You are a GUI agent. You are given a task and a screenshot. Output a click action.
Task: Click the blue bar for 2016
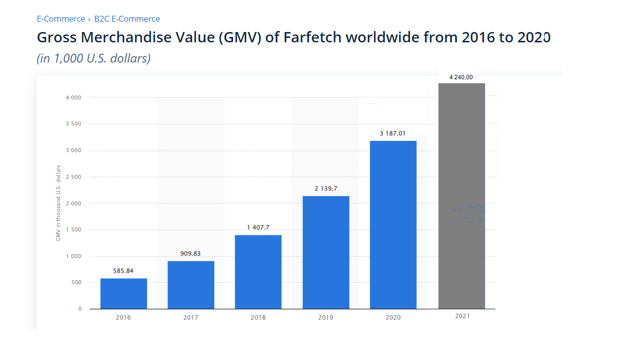click(124, 294)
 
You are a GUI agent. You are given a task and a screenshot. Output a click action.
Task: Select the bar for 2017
click(191, 285)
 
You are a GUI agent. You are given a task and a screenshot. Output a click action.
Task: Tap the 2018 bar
click(258, 272)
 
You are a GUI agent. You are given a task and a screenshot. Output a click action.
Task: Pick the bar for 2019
click(326, 252)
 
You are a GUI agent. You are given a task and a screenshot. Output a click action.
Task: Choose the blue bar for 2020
click(393, 225)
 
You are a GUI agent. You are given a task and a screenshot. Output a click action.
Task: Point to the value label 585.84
click(123, 271)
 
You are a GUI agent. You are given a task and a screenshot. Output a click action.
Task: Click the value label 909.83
click(191, 253)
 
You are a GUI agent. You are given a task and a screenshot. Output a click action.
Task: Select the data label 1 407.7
click(258, 228)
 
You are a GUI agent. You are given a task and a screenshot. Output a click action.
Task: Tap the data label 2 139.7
click(326, 189)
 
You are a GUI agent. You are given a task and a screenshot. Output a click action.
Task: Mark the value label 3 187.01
click(393, 133)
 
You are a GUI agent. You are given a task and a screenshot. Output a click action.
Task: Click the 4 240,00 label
click(461, 77)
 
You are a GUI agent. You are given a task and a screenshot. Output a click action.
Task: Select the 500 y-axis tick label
click(76, 283)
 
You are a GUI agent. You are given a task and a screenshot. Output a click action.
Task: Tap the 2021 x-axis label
click(463, 316)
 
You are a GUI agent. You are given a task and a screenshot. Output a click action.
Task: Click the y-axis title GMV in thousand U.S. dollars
click(58, 203)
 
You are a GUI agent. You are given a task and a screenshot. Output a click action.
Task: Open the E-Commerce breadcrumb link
click(61, 19)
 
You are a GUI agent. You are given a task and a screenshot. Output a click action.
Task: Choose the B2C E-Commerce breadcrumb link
click(127, 19)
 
